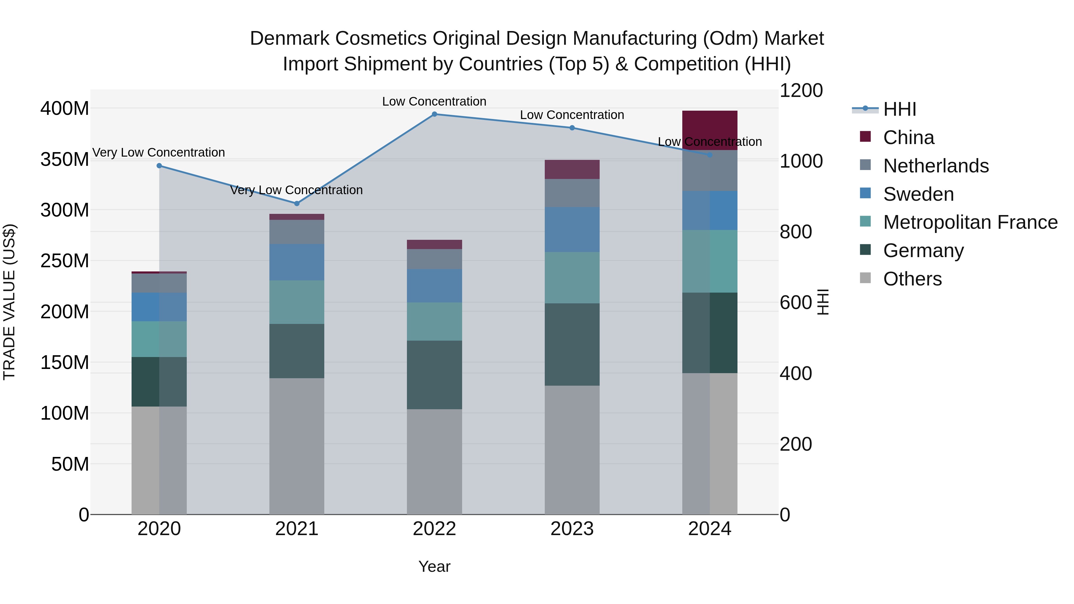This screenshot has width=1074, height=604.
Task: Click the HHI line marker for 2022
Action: pos(434,114)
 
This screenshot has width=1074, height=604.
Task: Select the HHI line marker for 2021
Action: pos(297,203)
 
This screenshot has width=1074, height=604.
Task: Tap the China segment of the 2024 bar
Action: pos(710,130)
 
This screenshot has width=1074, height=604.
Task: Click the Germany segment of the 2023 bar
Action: pos(572,344)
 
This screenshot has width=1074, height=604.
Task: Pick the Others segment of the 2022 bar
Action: pos(434,461)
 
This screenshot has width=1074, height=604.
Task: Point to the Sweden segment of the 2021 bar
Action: pos(297,262)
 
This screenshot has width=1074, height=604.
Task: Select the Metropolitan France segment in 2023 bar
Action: pos(572,278)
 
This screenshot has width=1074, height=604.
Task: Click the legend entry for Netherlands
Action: pos(936,166)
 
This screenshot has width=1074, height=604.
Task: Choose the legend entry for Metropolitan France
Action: pos(970,223)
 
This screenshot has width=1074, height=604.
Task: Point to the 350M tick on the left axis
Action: pos(65,159)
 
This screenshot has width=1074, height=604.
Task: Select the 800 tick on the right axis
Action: pos(795,232)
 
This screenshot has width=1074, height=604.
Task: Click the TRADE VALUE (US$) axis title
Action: pos(9,302)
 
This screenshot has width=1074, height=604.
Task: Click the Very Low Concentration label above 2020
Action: pos(158,152)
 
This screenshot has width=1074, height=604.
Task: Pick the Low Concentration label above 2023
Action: pos(572,115)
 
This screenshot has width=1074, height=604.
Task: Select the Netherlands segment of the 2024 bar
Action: pos(710,171)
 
